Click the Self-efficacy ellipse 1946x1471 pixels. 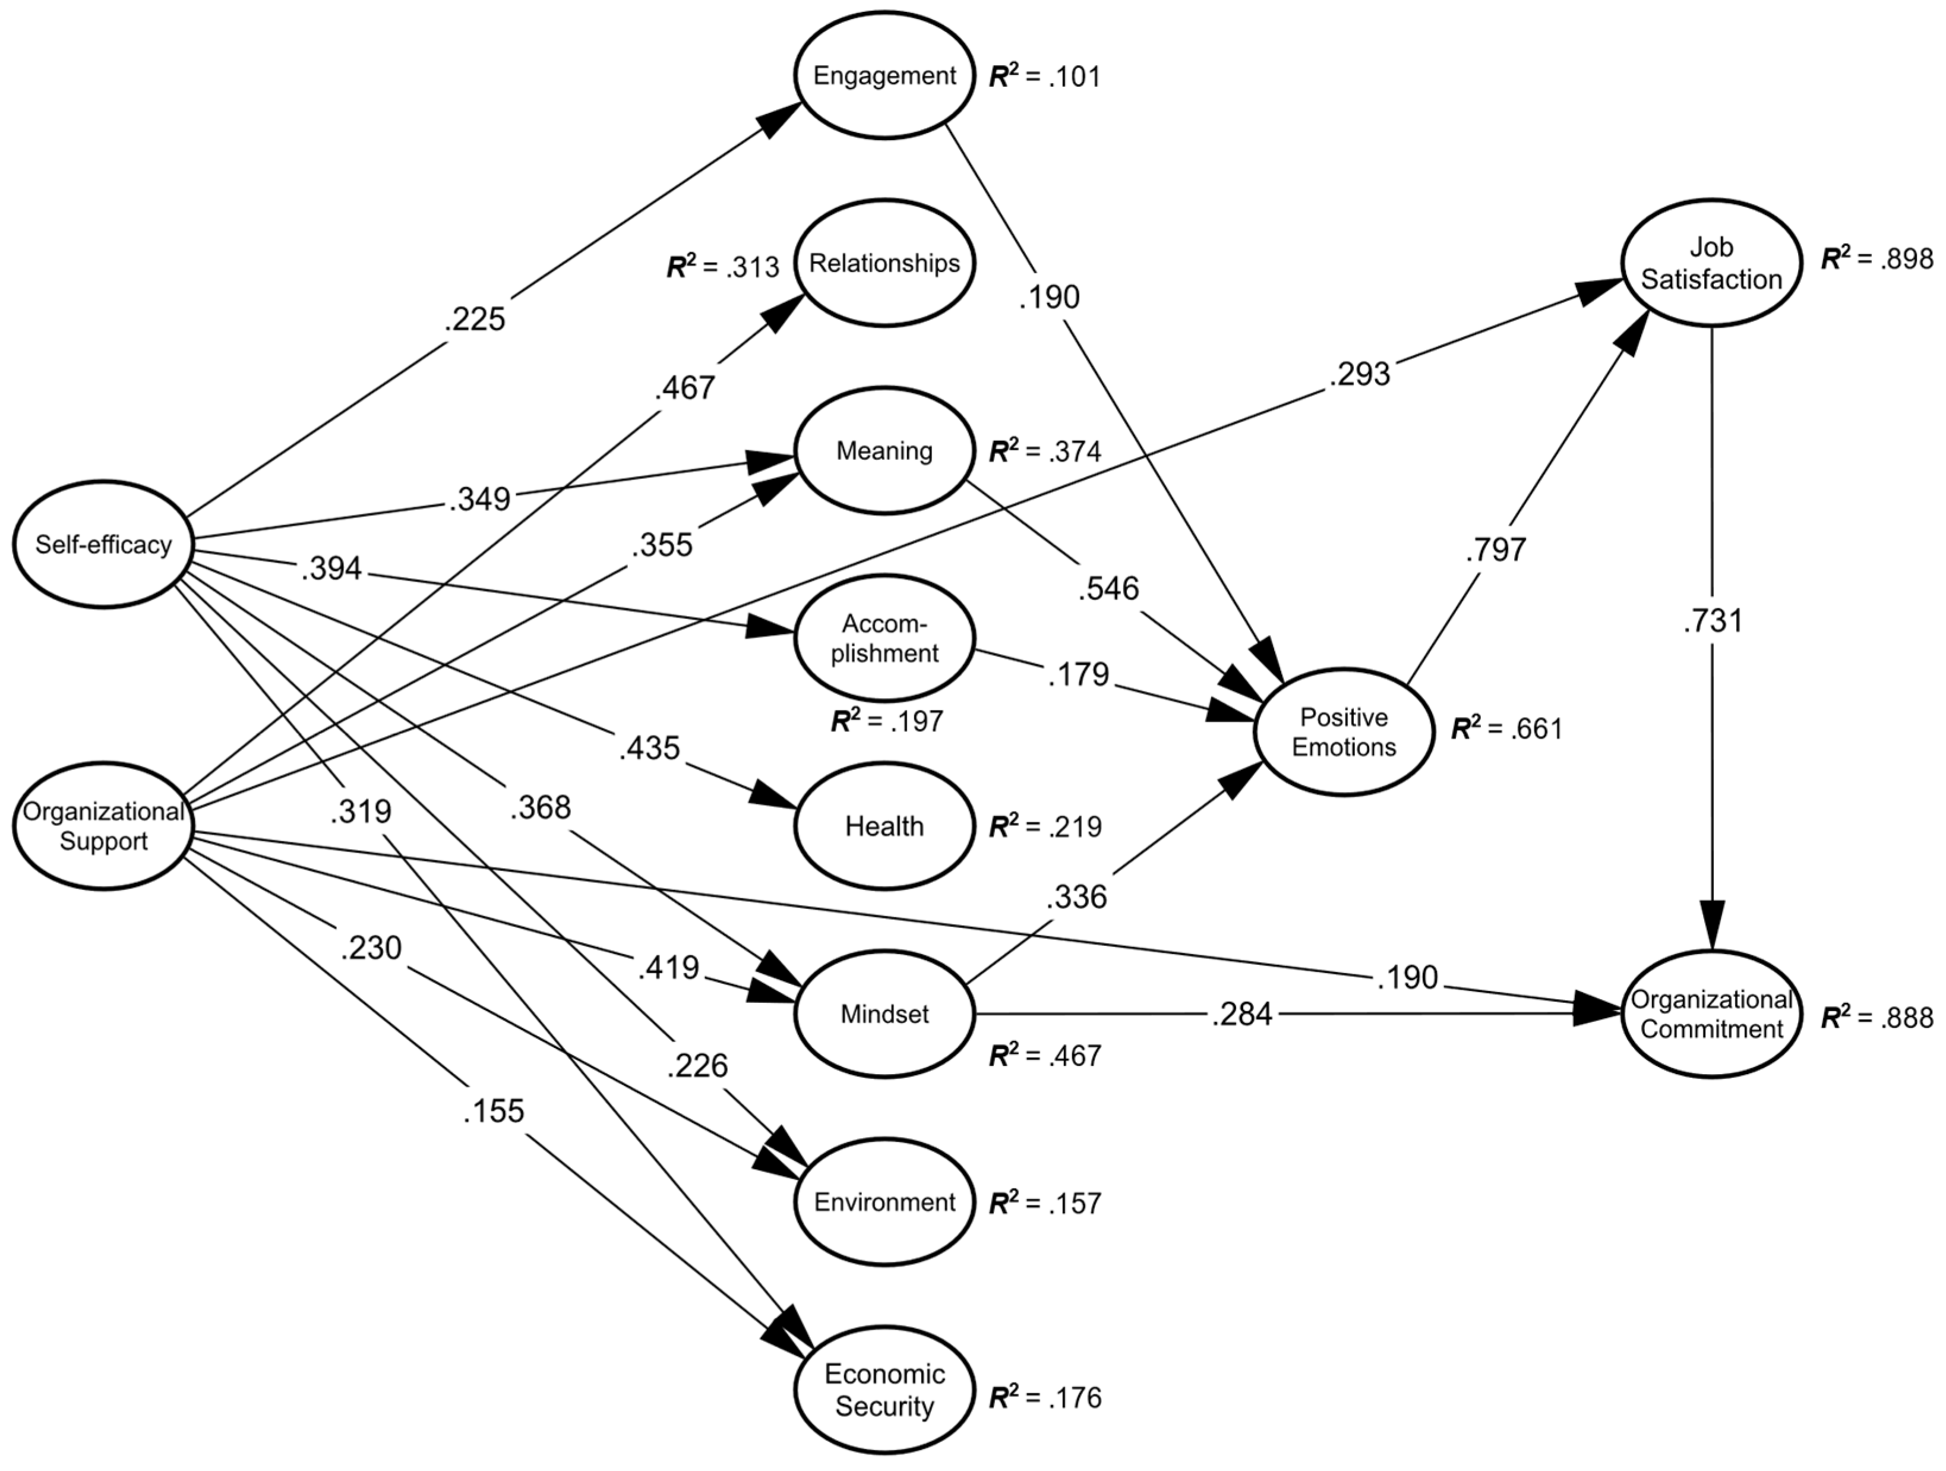click(104, 545)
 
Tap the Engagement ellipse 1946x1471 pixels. click(884, 75)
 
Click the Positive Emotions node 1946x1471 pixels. click(1344, 732)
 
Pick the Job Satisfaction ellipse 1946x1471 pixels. click(1711, 263)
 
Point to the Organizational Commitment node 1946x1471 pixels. click(1711, 1014)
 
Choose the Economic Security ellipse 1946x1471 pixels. click(884, 1390)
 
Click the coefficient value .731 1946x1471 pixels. click(1712, 621)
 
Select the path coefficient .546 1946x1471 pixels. click(1108, 588)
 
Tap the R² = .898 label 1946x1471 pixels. click(1876, 258)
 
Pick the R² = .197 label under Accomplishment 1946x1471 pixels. click(887, 721)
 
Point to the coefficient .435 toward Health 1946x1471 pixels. click(649, 748)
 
